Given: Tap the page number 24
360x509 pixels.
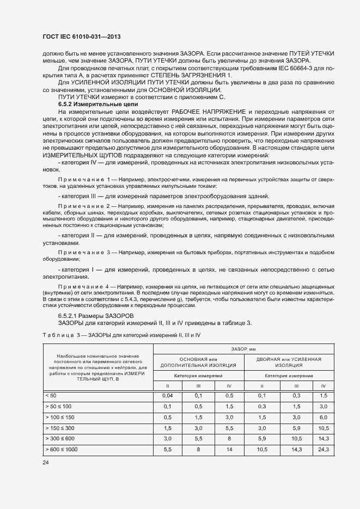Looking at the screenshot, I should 46,462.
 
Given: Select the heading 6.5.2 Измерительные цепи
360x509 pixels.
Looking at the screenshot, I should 98,103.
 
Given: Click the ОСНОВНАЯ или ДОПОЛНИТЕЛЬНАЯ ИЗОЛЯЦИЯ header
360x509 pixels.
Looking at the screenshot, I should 198,362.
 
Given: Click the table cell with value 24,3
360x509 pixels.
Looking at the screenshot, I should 324,450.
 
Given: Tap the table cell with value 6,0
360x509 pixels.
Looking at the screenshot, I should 324,416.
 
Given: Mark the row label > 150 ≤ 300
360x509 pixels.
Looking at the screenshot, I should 62,428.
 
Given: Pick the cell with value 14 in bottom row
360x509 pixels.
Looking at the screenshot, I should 230,450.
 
